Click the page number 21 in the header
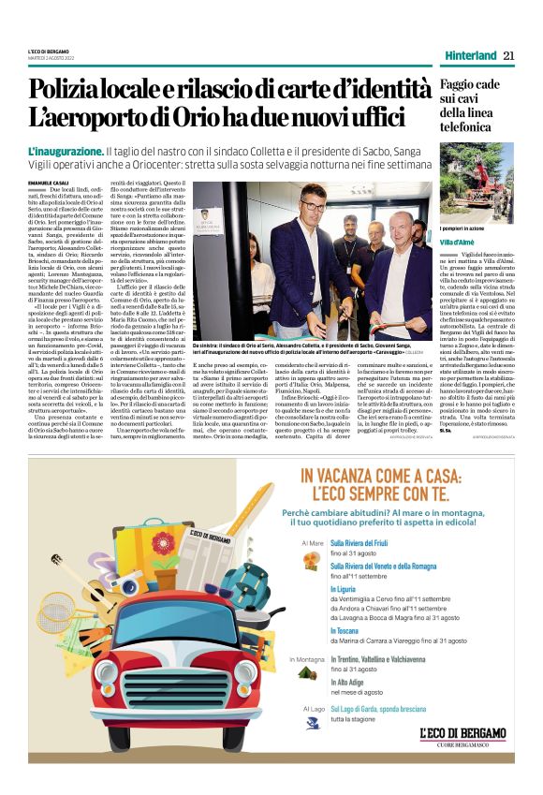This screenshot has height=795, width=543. (x=508, y=55)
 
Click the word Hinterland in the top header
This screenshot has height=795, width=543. (x=470, y=55)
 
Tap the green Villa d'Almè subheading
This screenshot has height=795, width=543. (x=459, y=241)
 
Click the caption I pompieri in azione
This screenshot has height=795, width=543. (x=464, y=228)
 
